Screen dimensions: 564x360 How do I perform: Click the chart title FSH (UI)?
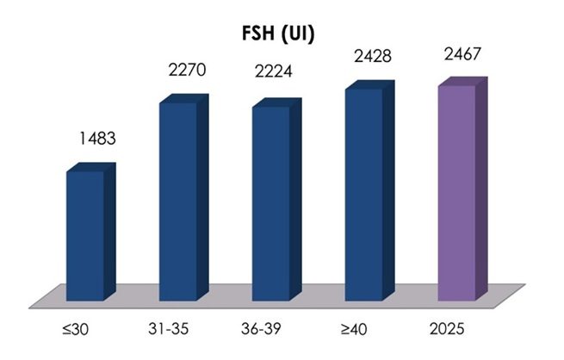278,34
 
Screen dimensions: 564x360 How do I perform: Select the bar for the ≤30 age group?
90,232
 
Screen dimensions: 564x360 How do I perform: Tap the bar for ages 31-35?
183,198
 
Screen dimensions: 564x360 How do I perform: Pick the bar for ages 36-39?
276,200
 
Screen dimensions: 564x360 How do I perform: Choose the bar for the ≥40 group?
369,190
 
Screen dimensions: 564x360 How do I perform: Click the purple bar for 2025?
462,189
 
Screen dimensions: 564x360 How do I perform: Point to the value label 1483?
97,139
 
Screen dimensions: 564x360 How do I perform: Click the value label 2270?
187,70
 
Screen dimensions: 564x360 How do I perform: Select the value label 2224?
273,71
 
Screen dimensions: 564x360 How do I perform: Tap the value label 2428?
373,56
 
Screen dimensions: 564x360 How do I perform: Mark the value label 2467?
462,54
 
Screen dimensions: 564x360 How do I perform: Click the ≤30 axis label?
75,329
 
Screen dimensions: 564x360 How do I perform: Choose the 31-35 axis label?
168,329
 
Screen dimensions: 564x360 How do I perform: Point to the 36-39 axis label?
261,329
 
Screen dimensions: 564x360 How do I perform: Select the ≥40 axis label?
354,329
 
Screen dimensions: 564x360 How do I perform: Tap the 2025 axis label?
447,329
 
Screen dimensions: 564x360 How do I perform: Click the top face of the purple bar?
462,81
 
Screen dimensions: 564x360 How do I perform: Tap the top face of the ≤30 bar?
90,167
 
